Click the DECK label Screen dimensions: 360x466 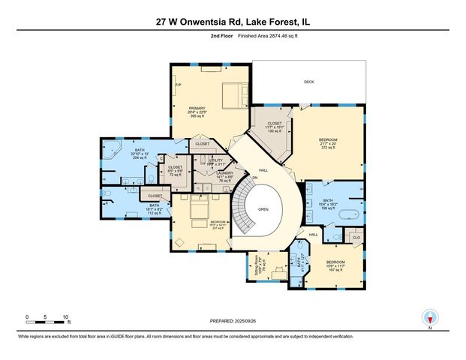pyautogui.click(x=308, y=82)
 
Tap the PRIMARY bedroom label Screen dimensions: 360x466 pyautogui.click(x=197, y=108)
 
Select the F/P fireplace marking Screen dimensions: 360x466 pyautogui.click(x=178, y=85)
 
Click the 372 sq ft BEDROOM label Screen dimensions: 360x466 pyautogui.click(x=328, y=140)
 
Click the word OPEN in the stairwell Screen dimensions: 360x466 pyautogui.click(x=263, y=210)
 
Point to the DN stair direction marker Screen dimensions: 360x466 pyautogui.click(x=254, y=178)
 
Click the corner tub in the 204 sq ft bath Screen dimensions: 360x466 pyautogui.click(x=111, y=148)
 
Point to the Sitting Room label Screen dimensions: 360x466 pyautogui.click(x=257, y=265)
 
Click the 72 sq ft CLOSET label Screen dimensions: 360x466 pyautogui.click(x=175, y=167)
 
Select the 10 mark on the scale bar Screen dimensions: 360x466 pyautogui.click(x=66, y=317)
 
